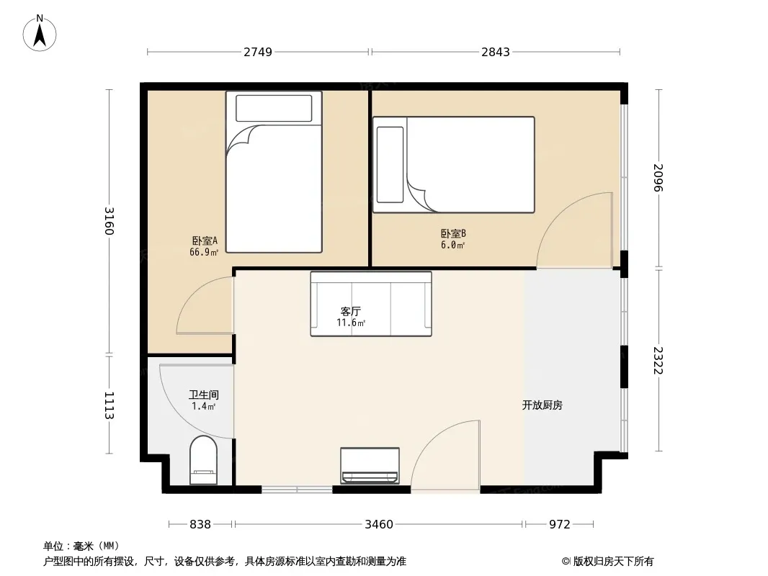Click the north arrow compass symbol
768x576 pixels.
point(40,33)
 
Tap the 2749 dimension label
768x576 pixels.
point(258,52)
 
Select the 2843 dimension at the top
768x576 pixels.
point(495,52)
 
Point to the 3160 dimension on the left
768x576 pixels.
point(110,221)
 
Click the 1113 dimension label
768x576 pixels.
point(110,405)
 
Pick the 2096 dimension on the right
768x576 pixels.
point(658,178)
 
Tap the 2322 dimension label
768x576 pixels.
point(658,361)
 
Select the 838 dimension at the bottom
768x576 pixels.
point(200,525)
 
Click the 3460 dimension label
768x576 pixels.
point(379,525)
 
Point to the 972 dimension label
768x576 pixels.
point(559,525)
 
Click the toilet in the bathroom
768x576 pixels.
point(203,460)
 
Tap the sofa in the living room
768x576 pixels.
point(371,304)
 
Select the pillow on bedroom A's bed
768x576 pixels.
point(274,108)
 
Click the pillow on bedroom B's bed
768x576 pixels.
point(390,164)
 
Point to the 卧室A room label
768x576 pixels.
point(204,240)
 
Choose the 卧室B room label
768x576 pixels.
point(453,234)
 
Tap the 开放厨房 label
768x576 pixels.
point(542,405)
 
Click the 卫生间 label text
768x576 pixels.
point(204,395)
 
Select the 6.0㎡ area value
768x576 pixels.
point(452,246)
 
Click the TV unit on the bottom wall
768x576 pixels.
point(370,466)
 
